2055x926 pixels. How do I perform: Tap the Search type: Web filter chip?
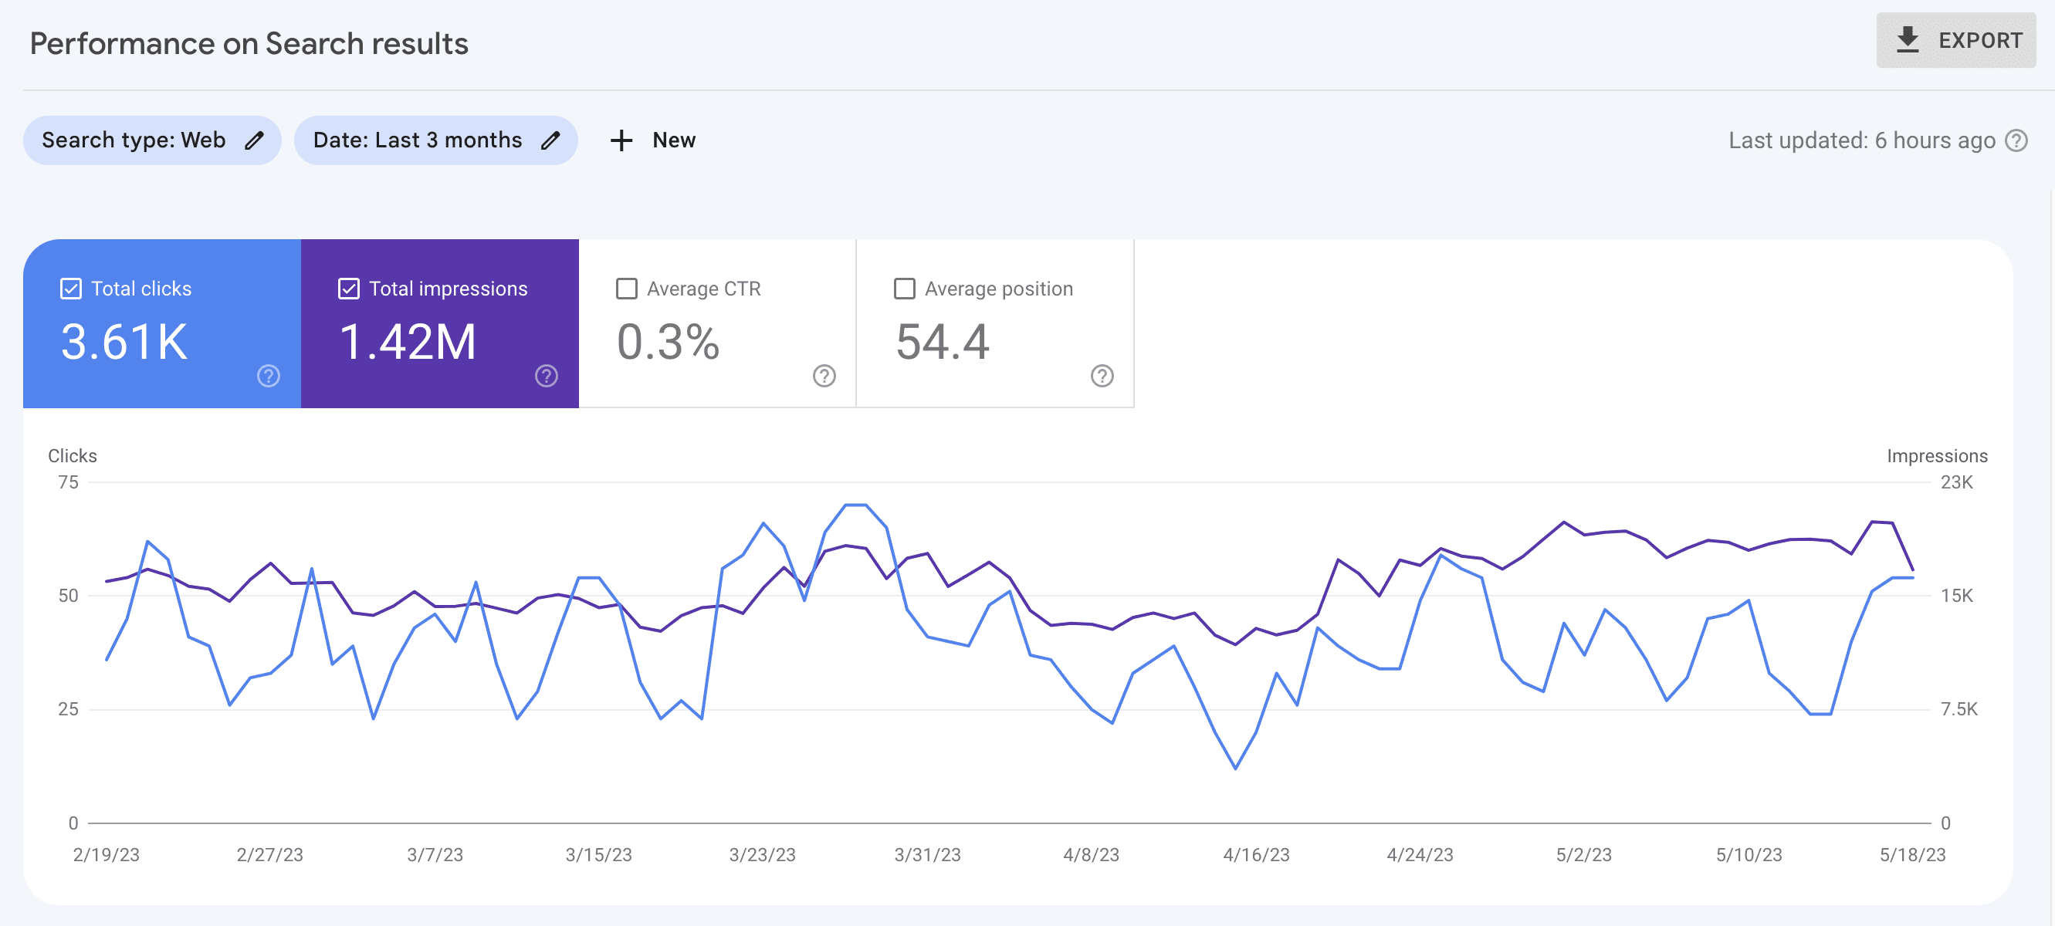tap(151, 140)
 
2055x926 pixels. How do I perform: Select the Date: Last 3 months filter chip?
tap(435, 140)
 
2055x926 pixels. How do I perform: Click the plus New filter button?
tap(652, 140)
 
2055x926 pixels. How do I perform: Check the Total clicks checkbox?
tap(71, 289)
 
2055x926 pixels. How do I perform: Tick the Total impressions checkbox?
tap(349, 289)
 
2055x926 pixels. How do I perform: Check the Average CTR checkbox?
tap(627, 289)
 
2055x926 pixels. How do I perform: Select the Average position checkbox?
tap(905, 289)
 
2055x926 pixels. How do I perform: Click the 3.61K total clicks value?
tap(124, 342)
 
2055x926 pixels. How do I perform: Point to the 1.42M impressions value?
tap(408, 342)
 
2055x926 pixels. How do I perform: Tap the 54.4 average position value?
tap(942, 342)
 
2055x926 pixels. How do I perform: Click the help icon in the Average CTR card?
tap(824, 376)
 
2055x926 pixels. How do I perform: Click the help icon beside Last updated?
tap(2016, 140)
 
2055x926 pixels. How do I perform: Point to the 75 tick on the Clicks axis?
tap(69, 482)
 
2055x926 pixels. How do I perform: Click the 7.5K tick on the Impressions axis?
tap(1959, 709)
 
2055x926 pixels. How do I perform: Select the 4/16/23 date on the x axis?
tap(1257, 855)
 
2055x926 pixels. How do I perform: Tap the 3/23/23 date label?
tap(762, 855)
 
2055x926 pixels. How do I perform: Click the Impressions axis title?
tap(1936, 456)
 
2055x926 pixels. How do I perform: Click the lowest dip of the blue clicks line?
tap(1236, 768)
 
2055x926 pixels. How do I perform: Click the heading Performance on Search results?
tap(249, 44)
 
